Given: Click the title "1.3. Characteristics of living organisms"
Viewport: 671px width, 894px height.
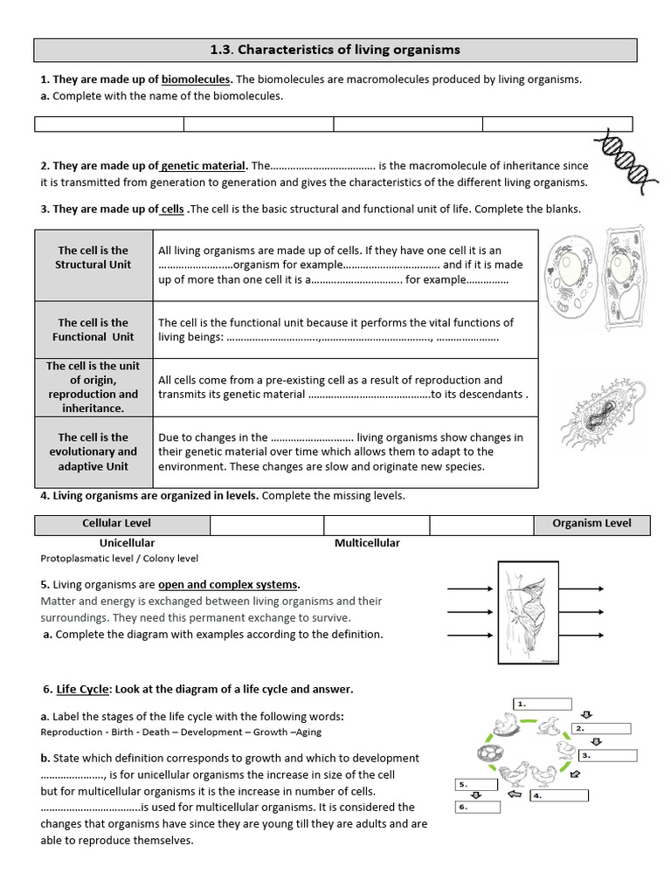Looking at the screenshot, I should (335, 50).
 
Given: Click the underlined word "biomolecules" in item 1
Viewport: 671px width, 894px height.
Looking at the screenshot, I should (197, 79).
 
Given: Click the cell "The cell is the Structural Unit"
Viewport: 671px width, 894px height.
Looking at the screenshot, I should (93, 258).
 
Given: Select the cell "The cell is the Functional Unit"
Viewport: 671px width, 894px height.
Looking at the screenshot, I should (93, 329).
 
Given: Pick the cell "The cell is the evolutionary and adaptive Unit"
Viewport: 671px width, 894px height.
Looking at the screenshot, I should (93, 451).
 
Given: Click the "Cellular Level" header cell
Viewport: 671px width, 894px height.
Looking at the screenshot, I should (116, 524).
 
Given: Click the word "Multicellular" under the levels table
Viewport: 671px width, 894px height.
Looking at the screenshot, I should (367, 543).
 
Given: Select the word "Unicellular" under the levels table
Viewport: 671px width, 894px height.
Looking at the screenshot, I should (128, 543).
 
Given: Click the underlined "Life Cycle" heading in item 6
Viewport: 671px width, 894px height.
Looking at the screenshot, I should (82, 689).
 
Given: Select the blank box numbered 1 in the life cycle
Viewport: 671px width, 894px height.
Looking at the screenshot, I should (542, 704).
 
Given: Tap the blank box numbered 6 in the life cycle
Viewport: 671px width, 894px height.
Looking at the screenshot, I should (478, 807).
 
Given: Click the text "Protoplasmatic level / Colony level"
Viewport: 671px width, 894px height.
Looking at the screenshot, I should (120, 559).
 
